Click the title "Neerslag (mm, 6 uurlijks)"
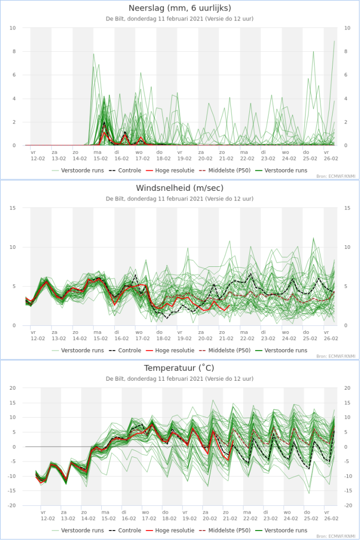click(180, 8)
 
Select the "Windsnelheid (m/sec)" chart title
click(180, 188)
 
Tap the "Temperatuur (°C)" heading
click(179, 368)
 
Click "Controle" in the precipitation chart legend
click(130, 170)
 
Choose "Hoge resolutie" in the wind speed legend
click(174, 350)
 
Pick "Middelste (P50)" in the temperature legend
click(229, 531)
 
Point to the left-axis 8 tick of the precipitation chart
click(14, 51)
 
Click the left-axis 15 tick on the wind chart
click(13, 208)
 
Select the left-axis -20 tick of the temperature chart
click(13, 505)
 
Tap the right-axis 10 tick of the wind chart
click(347, 247)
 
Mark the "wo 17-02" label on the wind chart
click(142, 335)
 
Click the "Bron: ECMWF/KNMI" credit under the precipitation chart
click(336, 176)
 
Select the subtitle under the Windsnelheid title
click(180, 199)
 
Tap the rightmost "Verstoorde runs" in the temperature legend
click(286, 531)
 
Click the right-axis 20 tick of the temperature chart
click(347, 388)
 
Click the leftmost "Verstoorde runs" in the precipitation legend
click(82, 170)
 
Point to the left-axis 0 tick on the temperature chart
click(14, 447)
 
